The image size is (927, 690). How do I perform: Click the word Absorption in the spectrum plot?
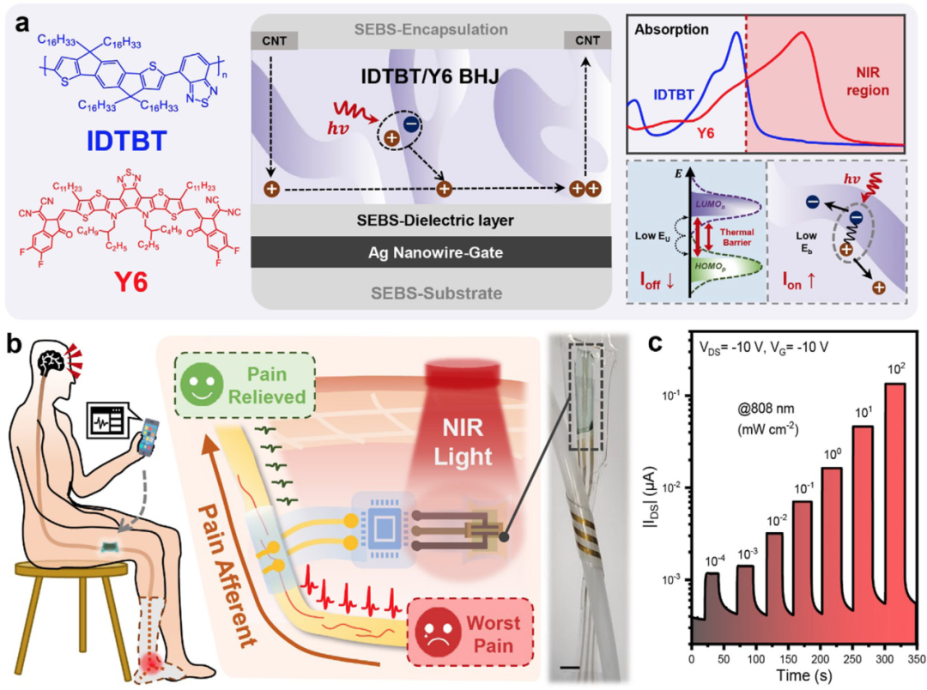(x=670, y=29)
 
